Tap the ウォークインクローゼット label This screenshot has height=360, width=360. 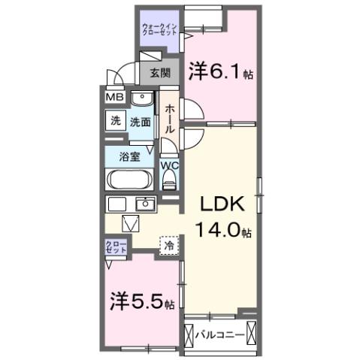point(158,31)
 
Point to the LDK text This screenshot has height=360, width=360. point(221,204)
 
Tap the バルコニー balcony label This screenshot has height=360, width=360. point(220,333)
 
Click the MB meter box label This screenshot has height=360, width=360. point(114,97)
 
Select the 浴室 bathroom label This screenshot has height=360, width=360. point(130,157)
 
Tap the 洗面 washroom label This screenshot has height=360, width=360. point(140,121)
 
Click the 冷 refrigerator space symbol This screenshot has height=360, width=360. point(170,245)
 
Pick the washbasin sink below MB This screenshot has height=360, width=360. point(140,99)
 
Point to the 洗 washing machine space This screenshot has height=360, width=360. point(116,121)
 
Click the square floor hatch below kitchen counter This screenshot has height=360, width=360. point(131,223)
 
